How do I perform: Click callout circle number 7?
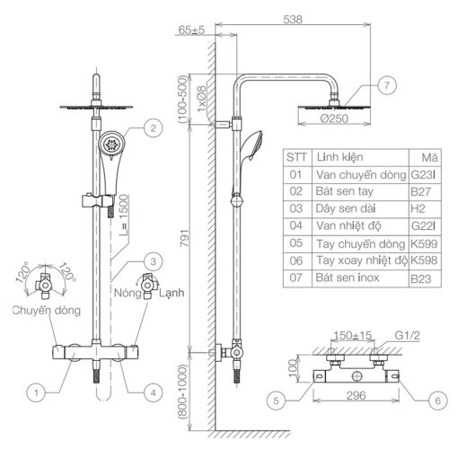(x=387, y=85)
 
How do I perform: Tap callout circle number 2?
(x=154, y=128)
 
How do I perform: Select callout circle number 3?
(x=154, y=261)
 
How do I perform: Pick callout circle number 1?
(x=36, y=392)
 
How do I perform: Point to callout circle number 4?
(x=154, y=392)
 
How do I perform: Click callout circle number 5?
(x=276, y=401)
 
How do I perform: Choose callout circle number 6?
(x=438, y=401)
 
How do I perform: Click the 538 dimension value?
(x=293, y=20)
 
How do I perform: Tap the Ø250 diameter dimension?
(x=334, y=119)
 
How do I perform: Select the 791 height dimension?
(x=185, y=238)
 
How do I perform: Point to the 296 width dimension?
(x=357, y=396)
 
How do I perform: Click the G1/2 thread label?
(x=408, y=336)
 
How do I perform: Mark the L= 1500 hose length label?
(x=123, y=215)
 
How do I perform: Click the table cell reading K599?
(x=424, y=243)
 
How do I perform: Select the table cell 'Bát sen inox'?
(x=348, y=277)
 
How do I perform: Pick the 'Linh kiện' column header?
(x=340, y=157)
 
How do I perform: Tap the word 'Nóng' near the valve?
(x=128, y=293)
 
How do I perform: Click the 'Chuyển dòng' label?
(x=47, y=311)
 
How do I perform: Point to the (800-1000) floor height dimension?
(x=182, y=392)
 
